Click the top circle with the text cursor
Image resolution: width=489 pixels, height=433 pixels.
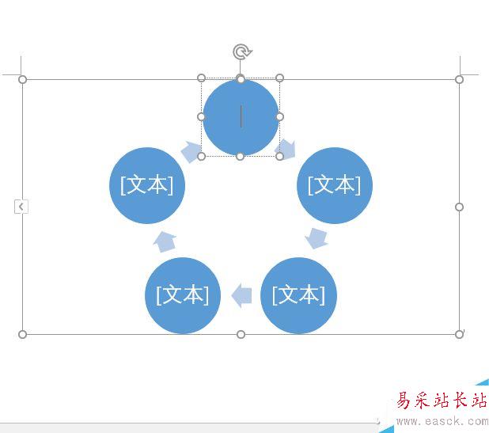[241, 117]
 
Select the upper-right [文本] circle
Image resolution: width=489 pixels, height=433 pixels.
[334, 185]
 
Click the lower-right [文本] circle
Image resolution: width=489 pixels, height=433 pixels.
[298, 295]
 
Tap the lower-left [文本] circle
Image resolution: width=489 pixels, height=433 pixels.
[183, 295]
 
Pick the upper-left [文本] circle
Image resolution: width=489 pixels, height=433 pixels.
[147, 185]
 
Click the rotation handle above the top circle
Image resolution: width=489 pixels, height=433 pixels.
[241, 52]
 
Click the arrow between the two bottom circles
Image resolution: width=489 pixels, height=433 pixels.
[241, 296]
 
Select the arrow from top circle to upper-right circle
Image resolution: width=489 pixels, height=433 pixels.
[286, 148]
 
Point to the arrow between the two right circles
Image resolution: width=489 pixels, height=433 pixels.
[317, 237]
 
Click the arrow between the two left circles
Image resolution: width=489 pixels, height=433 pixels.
[165, 241]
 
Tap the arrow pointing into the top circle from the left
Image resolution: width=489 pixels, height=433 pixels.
[191, 151]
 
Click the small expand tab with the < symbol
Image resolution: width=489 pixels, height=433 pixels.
[21, 207]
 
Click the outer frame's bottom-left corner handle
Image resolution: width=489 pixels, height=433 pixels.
[23, 334]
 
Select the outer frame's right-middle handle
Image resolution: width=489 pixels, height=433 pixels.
[459, 207]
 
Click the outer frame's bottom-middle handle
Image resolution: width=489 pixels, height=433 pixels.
[241, 334]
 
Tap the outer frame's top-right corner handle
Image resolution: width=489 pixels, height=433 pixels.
[459, 79]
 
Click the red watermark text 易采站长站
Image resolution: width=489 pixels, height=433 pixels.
[442, 401]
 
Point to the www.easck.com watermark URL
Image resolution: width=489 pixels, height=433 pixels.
[442, 420]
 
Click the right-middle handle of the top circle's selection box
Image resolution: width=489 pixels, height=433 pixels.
[279, 117]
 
